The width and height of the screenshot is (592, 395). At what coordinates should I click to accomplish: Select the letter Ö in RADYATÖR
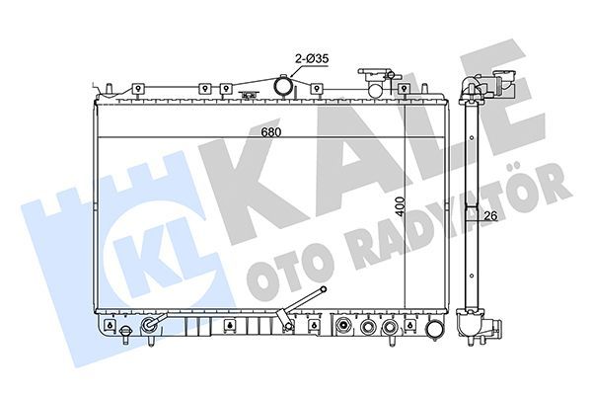coord(534,188)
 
